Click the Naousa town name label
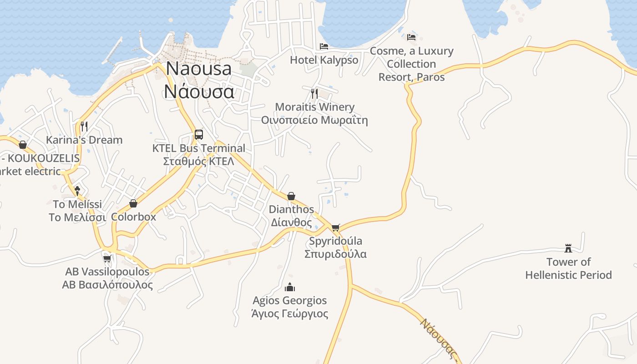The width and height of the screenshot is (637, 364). click(199, 80)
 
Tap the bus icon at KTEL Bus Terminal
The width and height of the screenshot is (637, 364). click(198, 135)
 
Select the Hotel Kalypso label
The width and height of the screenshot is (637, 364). click(324, 60)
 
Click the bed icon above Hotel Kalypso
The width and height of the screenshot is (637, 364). click(324, 46)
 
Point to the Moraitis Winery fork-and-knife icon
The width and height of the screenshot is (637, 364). click(314, 94)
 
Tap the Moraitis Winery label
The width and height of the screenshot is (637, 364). click(314, 113)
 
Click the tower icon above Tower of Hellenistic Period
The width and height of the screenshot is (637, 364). click(568, 248)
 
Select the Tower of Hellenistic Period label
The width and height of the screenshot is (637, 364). click(568, 268)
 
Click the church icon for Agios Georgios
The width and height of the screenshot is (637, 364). click(290, 287)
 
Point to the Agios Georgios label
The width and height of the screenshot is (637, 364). click(290, 307)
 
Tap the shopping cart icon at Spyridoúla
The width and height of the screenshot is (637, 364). click(336, 227)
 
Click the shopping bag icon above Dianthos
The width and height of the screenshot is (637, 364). click(291, 196)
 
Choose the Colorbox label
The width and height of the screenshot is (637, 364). click(133, 217)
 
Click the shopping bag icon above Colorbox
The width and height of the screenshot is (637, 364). click(133, 203)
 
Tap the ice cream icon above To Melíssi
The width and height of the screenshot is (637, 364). click(77, 191)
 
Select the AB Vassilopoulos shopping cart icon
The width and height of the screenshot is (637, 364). click(107, 258)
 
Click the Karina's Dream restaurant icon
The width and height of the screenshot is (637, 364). click(84, 126)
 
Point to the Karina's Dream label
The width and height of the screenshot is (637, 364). click(85, 140)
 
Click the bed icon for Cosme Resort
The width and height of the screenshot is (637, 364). click(411, 37)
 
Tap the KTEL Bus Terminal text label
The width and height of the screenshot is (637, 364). click(198, 155)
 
